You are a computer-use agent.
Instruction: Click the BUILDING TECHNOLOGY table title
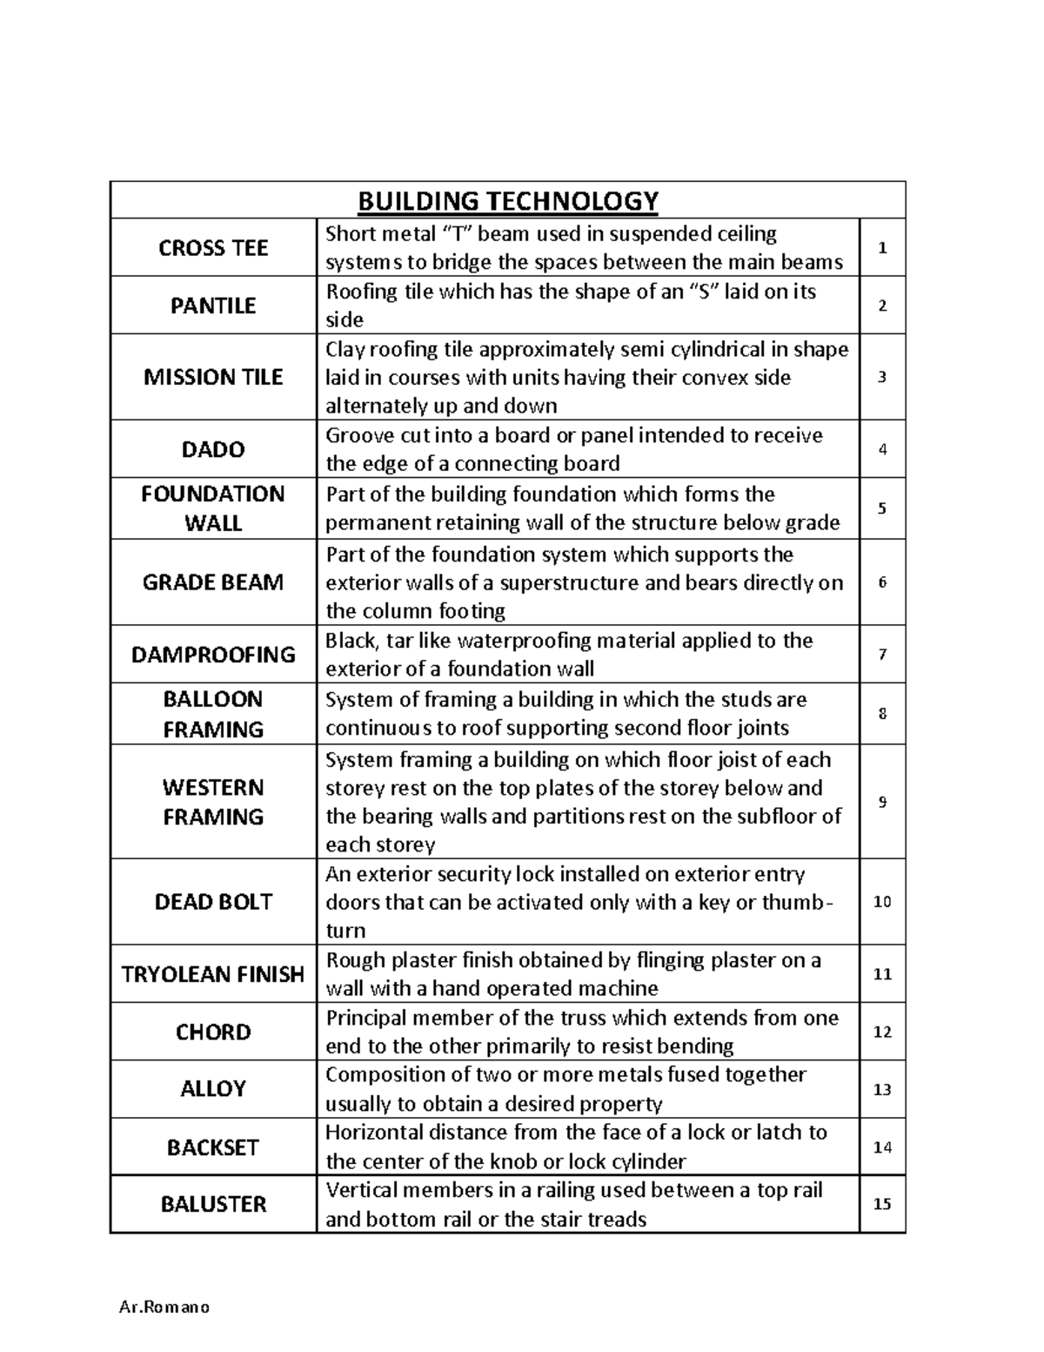[x=508, y=201]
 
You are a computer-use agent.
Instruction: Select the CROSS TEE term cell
[x=213, y=248]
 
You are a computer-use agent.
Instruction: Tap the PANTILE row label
[x=213, y=306]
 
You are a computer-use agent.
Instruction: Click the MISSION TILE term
[x=213, y=377]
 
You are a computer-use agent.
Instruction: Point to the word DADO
[x=213, y=449]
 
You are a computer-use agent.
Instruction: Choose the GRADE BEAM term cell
[x=213, y=582]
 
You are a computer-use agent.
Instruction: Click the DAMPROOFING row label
[x=213, y=655]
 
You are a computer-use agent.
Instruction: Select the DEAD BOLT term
[x=213, y=902]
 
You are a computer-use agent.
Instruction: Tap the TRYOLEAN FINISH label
[x=213, y=974]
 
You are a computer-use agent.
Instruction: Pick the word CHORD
[x=213, y=1032]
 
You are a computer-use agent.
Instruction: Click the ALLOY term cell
[x=213, y=1089]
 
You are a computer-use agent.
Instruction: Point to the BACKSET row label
[x=213, y=1147]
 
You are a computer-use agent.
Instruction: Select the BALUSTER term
[x=213, y=1205]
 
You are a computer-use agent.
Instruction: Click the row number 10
[x=882, y=902]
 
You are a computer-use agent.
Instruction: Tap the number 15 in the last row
[x=882, y=1205]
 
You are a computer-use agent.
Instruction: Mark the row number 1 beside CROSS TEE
[x=882, y=248]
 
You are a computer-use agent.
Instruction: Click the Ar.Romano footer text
[x=164, y=1308]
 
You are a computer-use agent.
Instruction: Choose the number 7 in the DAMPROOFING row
[x=882, y=655]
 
